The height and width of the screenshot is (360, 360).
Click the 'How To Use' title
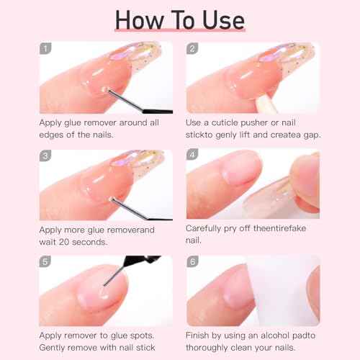click(x=179, y=19)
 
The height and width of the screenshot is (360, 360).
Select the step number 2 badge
click(x=192, y=50)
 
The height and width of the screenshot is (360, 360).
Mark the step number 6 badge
click(x=192, y=263)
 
